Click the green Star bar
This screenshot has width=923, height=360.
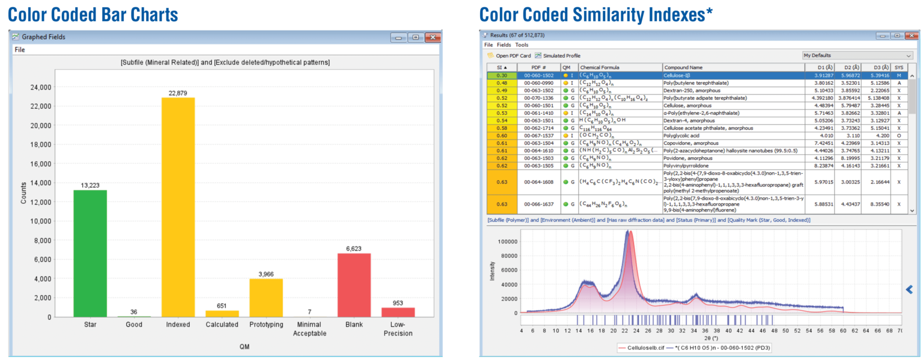pyautogui.click(x=90, y=253)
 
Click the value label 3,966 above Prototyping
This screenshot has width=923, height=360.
pyautogui.click(x=266, y=274)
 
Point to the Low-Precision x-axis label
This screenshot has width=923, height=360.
pyautogui.click(x=398, y=329)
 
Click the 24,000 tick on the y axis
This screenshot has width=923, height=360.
pyautogui.click(x=40, y=88)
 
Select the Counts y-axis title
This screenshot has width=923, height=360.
pyautogui.click(x=24, y=193)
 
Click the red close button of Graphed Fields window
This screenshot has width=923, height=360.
pyautogui.click(x=432, y=37)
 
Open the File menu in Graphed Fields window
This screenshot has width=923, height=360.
pyautogui.click(x=20, y=50)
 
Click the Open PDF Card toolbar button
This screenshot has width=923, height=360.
pyautogui.click(x=509, y=55)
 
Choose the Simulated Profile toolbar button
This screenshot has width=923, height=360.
pyautogui.click(x=558, y=55)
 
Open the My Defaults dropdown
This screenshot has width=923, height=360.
pyautogui.click(x=857, y=55)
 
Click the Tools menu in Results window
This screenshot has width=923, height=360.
pyautogui.click(x=522, y=44)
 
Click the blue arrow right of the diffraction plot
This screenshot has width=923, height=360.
pyautogui.click(x=909, y=290)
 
